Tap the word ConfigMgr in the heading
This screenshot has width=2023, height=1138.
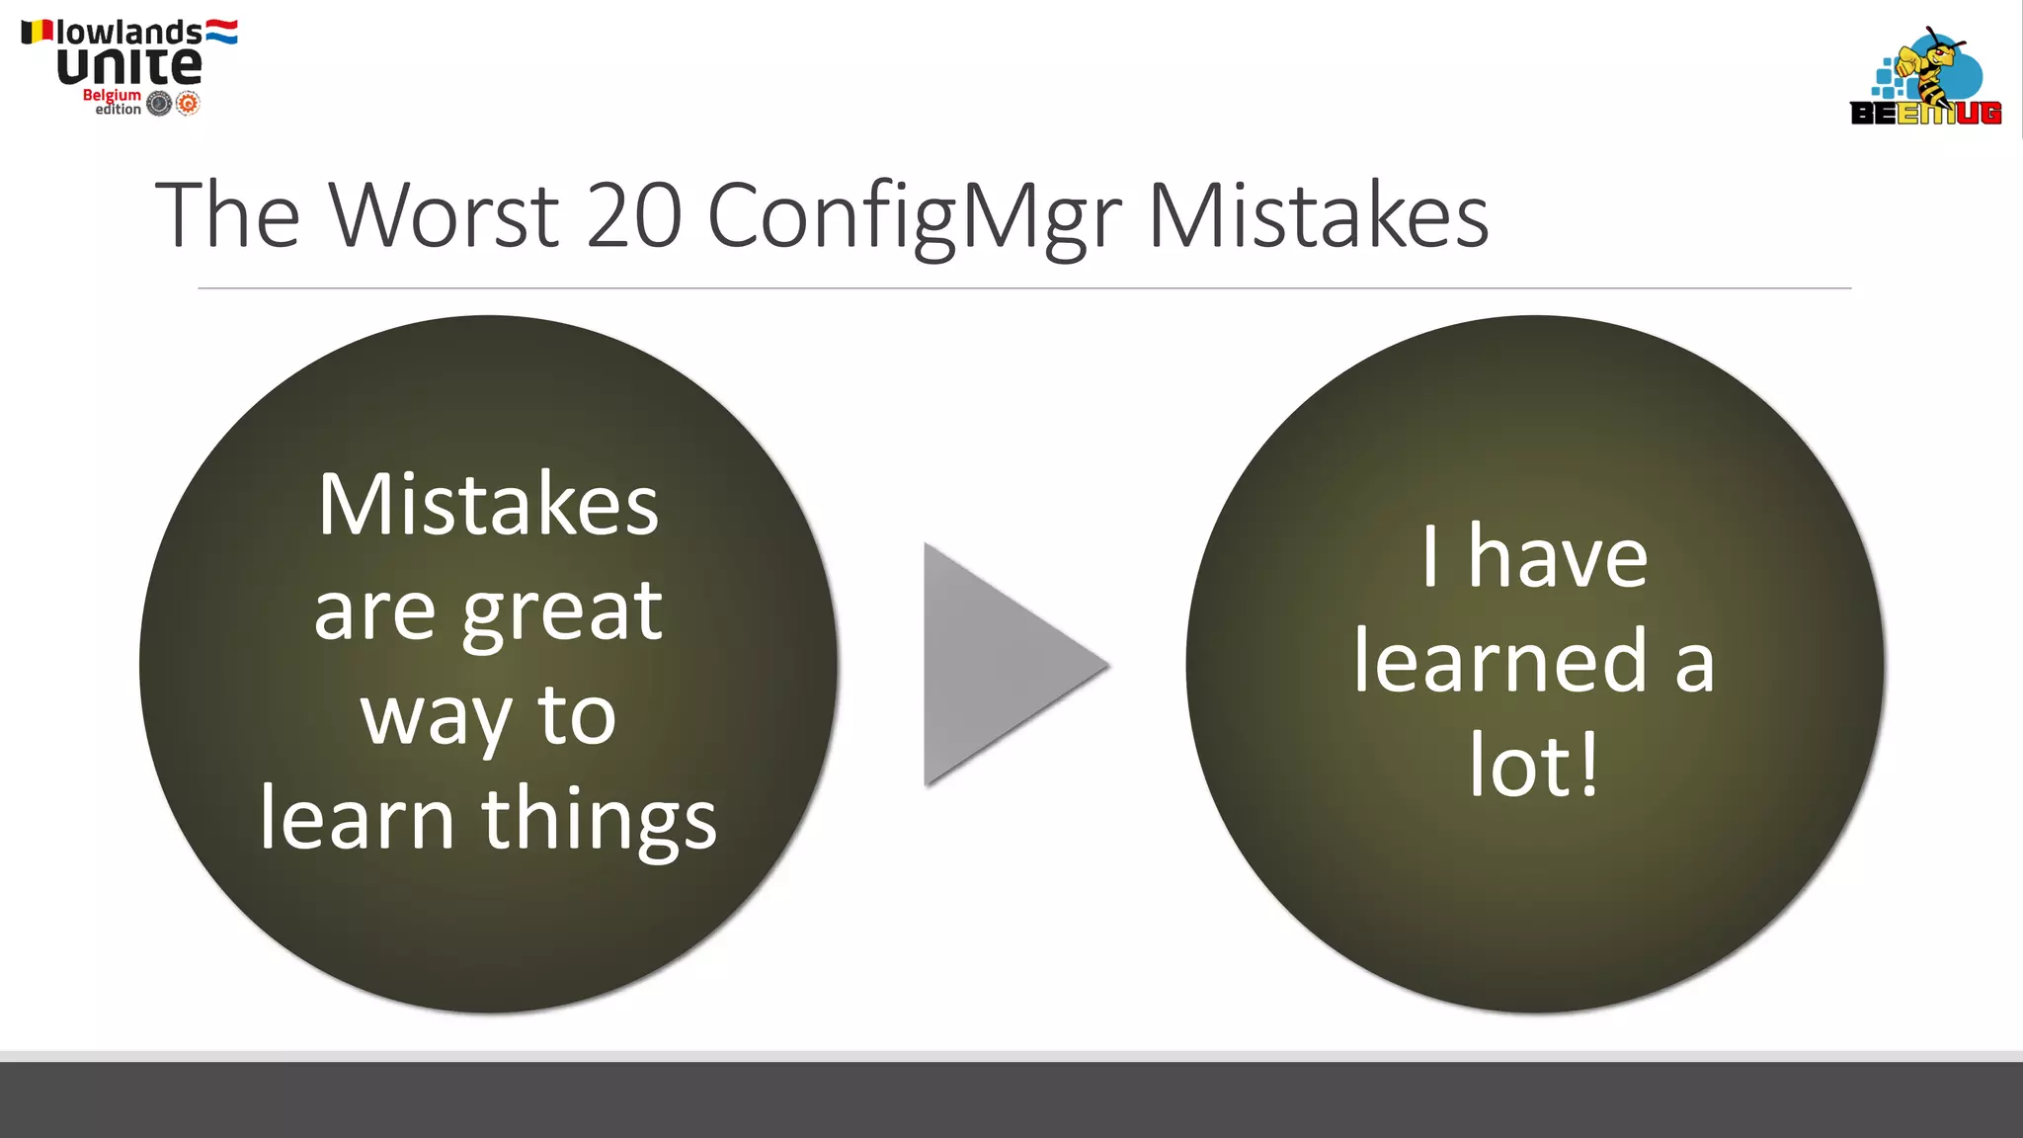point(914,217)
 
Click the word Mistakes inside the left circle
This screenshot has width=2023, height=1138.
point(488,505)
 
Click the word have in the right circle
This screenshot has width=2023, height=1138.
point(1558,557)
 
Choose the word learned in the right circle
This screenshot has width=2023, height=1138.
point(1500,661)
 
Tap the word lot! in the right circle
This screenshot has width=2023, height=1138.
point(1533,765)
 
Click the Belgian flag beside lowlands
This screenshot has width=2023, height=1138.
point(37,32)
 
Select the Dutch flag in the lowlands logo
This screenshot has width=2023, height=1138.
point(221,32)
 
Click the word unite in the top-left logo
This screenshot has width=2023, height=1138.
point(128,66)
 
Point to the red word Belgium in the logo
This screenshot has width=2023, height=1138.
point(112,95)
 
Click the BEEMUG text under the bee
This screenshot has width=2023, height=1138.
point(1925,114)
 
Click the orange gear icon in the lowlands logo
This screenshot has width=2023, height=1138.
point(188,103)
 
